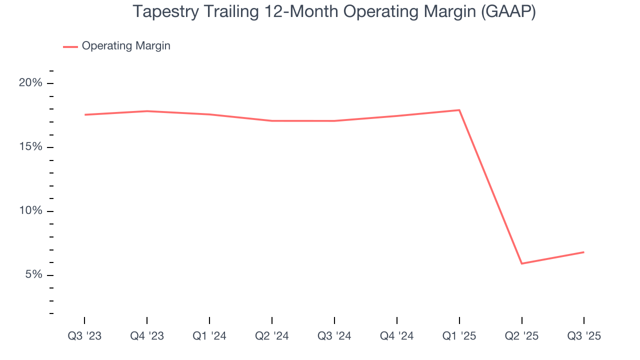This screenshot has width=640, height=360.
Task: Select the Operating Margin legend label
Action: (x=126, y=46)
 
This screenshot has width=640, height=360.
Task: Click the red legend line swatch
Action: (x=70, y=46)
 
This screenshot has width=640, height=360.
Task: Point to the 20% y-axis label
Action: (x=30, y=83)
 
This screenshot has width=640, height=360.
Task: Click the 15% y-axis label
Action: (x=30, y=147)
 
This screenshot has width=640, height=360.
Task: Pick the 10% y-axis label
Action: (x=30, y=211)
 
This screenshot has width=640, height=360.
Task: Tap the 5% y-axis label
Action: (x=33, y=275)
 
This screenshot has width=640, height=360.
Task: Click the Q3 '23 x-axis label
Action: (x=84, y=336)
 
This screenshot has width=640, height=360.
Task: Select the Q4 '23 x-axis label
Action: (x=147, y=336)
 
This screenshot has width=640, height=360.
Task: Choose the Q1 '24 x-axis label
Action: (x=209, y=336)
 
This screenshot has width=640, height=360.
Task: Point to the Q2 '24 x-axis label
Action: (x=272, y=336)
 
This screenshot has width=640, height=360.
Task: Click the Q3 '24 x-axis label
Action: (x=334, y=336)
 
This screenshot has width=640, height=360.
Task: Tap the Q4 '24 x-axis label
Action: (x=397, y=336)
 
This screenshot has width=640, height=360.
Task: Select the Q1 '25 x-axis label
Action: (x=459, y=336)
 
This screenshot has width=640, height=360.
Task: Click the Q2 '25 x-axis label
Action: (x=522, y=336)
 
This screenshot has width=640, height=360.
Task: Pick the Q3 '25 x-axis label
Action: (x=584, y=336)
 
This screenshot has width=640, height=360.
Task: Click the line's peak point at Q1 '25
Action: (x=459, y=110)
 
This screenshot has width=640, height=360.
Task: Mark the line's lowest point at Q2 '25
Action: (x=522, y=263)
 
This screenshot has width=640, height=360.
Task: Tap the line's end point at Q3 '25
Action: (x=584, y=252)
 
